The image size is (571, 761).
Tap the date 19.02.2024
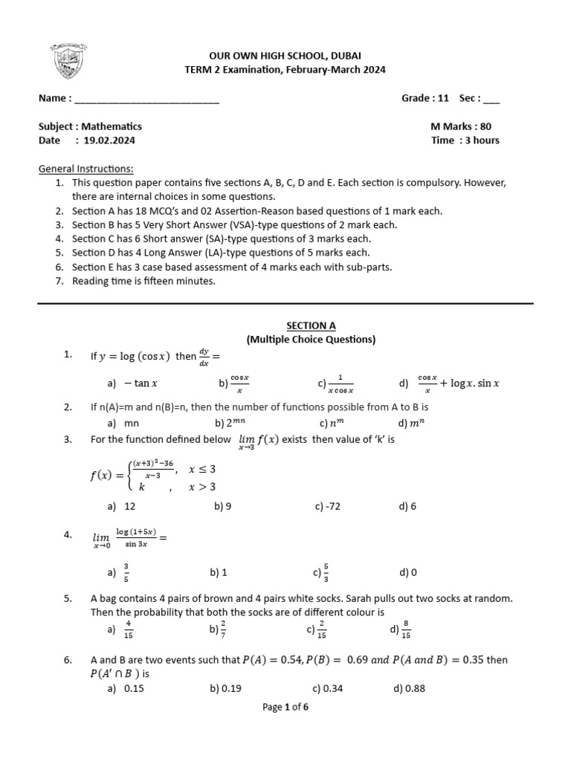(109, 140)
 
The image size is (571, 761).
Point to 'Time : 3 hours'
(465, 140)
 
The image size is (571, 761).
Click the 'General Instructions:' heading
(86, 169)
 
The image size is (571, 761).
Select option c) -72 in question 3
(327, 506)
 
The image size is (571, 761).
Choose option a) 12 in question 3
(123, 506)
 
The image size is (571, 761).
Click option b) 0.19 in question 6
(226, 688)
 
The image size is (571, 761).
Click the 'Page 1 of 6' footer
(285, 707)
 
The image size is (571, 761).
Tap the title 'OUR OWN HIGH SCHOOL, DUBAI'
(285, 56)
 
